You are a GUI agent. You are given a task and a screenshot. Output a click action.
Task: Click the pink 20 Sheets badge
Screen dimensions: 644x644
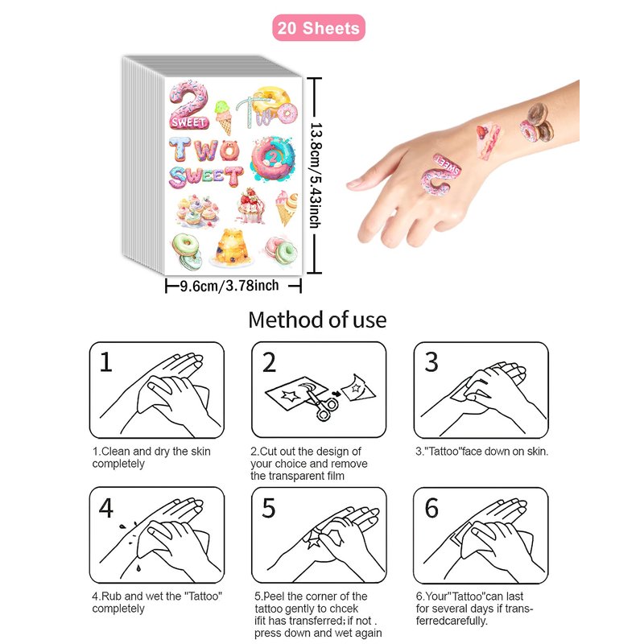click(x=319, y=28)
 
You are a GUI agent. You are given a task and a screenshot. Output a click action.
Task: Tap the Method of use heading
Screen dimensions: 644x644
click(x=317, y=320)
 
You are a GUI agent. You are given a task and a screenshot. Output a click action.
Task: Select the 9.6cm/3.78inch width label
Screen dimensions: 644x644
click(x=229, y=286)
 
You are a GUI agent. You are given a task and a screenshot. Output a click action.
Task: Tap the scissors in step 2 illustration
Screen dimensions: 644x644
click(x=319, y=402)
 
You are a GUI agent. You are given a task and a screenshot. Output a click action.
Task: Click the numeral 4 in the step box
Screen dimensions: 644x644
click(x=106, y=508)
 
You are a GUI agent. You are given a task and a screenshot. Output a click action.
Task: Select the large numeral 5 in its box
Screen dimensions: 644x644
click(x=269, y=508)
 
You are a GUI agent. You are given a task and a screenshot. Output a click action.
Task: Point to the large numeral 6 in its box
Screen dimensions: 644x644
click(x=431, y=508)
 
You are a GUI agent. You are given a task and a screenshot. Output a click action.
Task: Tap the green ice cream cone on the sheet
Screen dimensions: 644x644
click(x=223, y=117)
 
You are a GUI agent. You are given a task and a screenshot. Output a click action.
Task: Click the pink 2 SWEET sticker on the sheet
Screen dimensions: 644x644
click(x=188, y=105)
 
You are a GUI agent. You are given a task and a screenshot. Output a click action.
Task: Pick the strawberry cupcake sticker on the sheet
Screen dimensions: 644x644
click(x=251, y=206)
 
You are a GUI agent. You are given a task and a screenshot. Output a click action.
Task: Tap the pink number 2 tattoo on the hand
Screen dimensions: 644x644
click(x=440, y=174)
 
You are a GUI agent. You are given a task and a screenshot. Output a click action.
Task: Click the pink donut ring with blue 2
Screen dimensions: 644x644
click(x=273, y=159)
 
